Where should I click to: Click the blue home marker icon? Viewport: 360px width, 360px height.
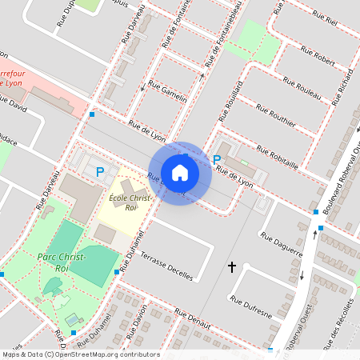click(x=180, y=172)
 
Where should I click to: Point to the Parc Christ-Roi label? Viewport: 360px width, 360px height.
click(x=56, y=262)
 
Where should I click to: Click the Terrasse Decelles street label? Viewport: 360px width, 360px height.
click(x=166, y=264)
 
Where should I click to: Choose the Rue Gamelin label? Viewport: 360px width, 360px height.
click(x=169, y=92)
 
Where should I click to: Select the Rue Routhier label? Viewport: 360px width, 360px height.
click(x=277, y=116)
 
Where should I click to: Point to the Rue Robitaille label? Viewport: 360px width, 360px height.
click(x=277, y=156)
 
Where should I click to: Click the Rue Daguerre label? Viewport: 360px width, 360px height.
click(x=282, y=244)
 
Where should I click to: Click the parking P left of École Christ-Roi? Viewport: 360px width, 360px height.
click(x=100, y=171)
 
